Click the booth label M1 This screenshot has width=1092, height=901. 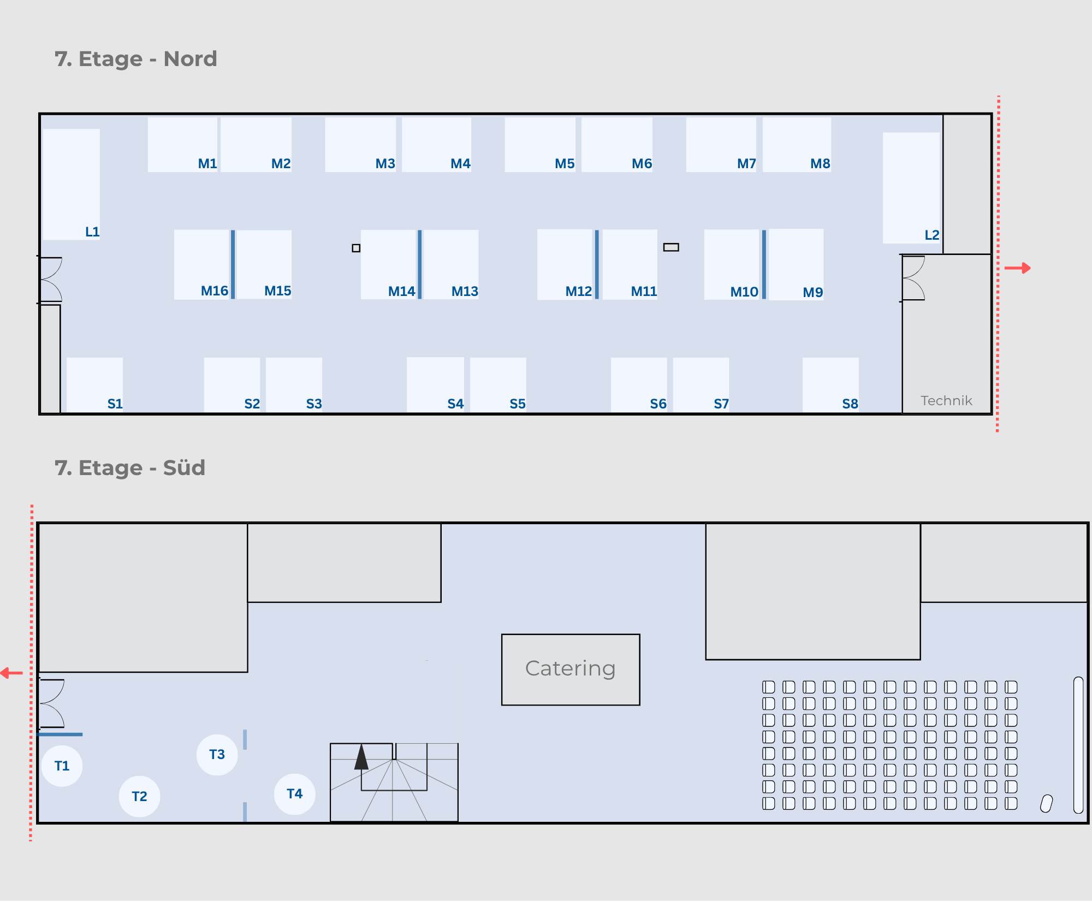tap(207, 163)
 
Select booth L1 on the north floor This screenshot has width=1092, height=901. tap(72, 185)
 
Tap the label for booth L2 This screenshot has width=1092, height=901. tap(931, 235)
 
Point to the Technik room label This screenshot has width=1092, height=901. tap(946, 401)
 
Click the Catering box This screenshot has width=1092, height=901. tap(571, 669)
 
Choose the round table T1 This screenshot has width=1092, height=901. tap(62, 766)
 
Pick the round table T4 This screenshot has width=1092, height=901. tap(295, 794)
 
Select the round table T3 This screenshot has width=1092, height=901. tap(217, 755)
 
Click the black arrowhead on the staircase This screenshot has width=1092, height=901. tap(361, 757)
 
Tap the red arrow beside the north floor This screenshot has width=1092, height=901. tap(1017, 268)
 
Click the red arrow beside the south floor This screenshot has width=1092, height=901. tap(11, 673)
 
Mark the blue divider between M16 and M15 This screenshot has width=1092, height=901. tap(233, 264)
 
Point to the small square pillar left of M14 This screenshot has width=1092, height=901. tap(356, 248)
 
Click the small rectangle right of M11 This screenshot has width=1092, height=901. tap(671, 247)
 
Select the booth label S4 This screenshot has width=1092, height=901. tap(455, 404)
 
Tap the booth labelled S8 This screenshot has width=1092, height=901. tap(830, 385)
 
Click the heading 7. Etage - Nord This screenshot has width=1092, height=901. tap(136, 59)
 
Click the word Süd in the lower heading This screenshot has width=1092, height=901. tap(184, 468)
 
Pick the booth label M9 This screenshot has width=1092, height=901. tap(812, 292)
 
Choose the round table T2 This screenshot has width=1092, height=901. tap(140, 797)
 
